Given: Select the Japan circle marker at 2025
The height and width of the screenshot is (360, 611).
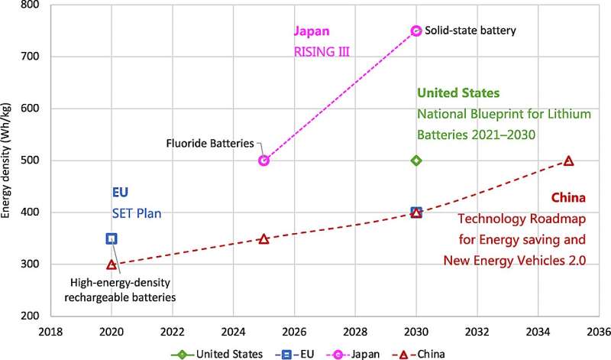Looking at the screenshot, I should coord(263,161).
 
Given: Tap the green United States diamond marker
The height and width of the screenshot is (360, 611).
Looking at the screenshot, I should coord(416,161).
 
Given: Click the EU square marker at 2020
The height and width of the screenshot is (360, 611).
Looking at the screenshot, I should coord(112,238).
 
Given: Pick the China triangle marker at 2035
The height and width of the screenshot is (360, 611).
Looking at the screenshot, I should coord(568,161).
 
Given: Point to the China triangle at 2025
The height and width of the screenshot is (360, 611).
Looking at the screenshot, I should coord(263,239).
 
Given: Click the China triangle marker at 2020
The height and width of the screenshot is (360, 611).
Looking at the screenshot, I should coord(112,264).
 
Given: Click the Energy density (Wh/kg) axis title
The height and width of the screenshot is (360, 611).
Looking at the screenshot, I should coord(8,159).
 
